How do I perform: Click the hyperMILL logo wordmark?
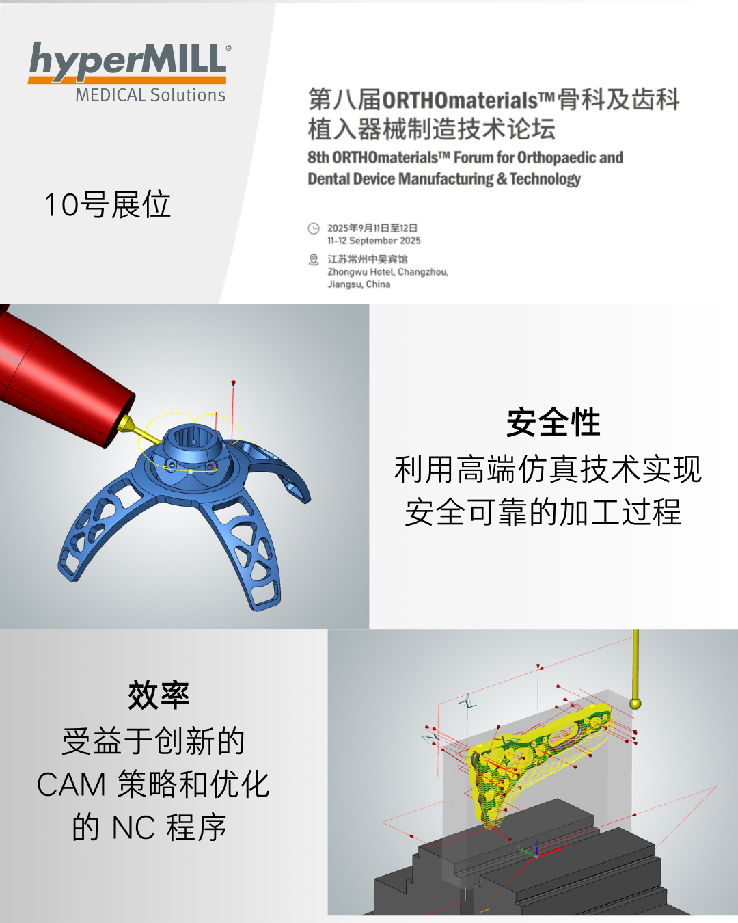click(128, 60)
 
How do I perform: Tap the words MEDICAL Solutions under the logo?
click(150, 95)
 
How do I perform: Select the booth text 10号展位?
click(108, 204)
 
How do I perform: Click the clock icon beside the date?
click(314, 228)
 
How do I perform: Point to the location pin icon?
click(314, 260)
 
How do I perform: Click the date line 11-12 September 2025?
click(374, 241)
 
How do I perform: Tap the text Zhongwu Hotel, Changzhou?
click(388, 272)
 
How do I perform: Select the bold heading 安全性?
click(553, 423)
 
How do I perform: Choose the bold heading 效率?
click(159, 695)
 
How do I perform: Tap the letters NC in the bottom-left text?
click(133, 827)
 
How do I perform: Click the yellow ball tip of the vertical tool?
click(635, 704)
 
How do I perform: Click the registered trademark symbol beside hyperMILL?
click(228, 48)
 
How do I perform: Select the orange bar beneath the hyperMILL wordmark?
click(127, 80)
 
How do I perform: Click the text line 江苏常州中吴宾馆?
click(368, 259)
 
